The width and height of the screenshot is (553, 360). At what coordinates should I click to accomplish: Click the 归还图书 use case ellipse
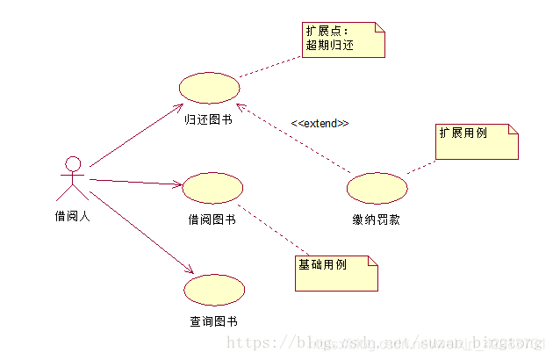click(209, 89)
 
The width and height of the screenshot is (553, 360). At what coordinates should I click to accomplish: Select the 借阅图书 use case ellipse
click(212, 189)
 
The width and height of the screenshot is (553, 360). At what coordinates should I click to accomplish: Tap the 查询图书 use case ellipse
click(214, 290)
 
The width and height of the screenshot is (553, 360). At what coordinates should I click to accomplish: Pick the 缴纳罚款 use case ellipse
click(377, 189)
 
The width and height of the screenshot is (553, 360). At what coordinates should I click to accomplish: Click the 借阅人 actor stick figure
click(72, 180)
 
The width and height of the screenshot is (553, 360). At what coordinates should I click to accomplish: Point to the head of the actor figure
click(73, 163)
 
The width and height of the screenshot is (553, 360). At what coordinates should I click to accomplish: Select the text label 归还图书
click(209, 119)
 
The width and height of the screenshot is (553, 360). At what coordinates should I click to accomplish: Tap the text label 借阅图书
click(212, 220)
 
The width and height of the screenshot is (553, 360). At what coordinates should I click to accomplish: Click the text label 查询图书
click(214, 321)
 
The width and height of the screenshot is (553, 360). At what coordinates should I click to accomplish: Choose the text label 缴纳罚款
click(377, 220)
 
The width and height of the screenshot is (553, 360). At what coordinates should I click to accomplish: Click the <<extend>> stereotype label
click(320, 123)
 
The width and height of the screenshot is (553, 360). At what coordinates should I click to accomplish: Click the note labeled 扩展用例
click(477, 141)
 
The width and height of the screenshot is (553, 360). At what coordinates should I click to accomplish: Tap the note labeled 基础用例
click(336, 271)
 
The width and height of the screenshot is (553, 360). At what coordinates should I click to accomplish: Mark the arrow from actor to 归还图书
click(136, 137)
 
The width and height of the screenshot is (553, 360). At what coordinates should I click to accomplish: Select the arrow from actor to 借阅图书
click(136, 183)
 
